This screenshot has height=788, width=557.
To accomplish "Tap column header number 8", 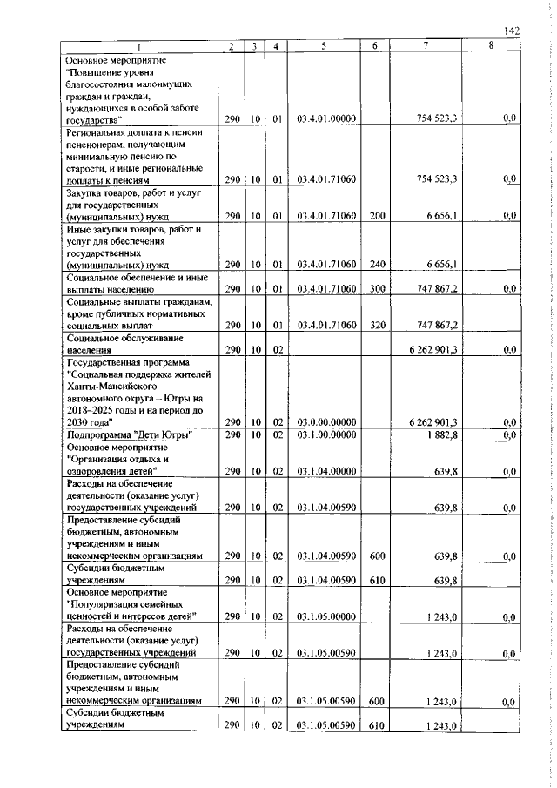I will pos(490,47).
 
